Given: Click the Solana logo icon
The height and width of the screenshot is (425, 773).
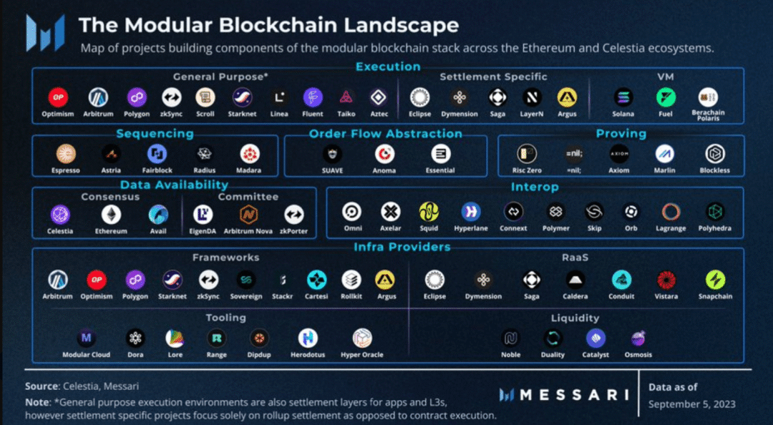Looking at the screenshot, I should coord(623,97).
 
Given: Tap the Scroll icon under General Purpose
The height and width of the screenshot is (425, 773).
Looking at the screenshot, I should coord(205,97).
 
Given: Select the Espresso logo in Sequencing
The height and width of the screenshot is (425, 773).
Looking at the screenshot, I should coord(66,153).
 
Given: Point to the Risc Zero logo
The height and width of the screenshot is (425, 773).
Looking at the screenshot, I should coord(527,153).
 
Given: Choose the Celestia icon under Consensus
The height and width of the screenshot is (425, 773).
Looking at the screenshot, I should coord(60,214).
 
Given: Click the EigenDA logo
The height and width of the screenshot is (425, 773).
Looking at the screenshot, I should coord(204,214).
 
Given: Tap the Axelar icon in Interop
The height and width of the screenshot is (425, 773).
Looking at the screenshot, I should coord(390,211).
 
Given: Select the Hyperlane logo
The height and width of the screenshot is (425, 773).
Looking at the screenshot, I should coord(471,211).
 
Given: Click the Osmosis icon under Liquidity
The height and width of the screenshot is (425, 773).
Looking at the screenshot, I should coord(638,338).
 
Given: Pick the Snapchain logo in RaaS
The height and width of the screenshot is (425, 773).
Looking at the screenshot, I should coord(715,279).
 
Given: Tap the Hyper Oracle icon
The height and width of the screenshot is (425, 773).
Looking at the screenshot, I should coord(362,338).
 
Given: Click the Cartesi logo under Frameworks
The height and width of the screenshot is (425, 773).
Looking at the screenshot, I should coord(316,279).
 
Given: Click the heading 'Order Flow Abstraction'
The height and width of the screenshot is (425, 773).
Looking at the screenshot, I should coord(385,134).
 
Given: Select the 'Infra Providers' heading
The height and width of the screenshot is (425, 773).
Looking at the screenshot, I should coord(402,247).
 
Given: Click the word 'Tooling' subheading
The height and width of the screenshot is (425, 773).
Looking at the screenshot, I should coord(225,317).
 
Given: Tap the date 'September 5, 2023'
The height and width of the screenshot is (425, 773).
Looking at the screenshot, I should coord(691,404).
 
